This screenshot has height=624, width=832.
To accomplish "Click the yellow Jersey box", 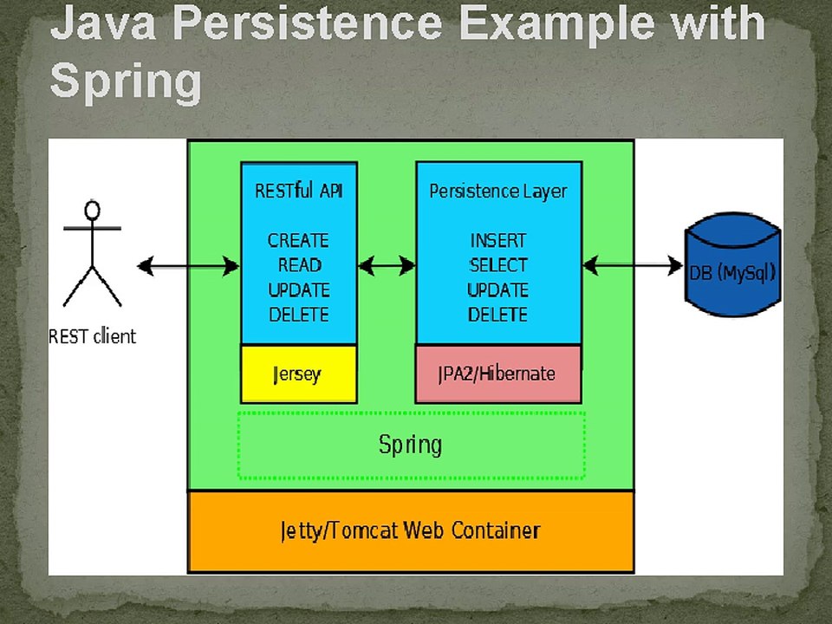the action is point(299,374).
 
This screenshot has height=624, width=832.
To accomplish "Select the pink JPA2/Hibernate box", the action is point(497,374).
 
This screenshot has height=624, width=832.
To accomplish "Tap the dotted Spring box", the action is point(411,445).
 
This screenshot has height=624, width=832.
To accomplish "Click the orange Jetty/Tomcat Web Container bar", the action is point(411,531).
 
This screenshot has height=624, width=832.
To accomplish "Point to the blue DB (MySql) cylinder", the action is point(733,265).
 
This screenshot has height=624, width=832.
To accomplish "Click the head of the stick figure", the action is point(93,210).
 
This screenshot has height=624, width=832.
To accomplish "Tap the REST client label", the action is point(93,336).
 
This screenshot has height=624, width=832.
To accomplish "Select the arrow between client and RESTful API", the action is point(188,266).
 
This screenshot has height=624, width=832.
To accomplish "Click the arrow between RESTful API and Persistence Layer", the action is point(387,265).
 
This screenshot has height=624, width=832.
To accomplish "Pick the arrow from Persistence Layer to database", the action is point(633,265).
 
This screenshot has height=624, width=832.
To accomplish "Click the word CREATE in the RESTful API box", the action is point(298,241).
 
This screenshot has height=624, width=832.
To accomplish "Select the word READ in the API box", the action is point(300,265).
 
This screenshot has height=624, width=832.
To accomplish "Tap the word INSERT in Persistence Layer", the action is point(497,241).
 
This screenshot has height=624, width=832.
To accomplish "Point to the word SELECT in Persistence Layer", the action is point(498,265).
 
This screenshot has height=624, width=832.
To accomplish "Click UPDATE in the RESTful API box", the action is point(299,290).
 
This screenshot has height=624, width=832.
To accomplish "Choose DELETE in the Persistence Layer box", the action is point(497,315).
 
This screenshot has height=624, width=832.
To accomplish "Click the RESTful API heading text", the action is point(299,191).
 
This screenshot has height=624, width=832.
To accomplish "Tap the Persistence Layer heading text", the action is point(498,191).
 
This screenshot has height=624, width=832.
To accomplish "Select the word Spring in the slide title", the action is point(126,81).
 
